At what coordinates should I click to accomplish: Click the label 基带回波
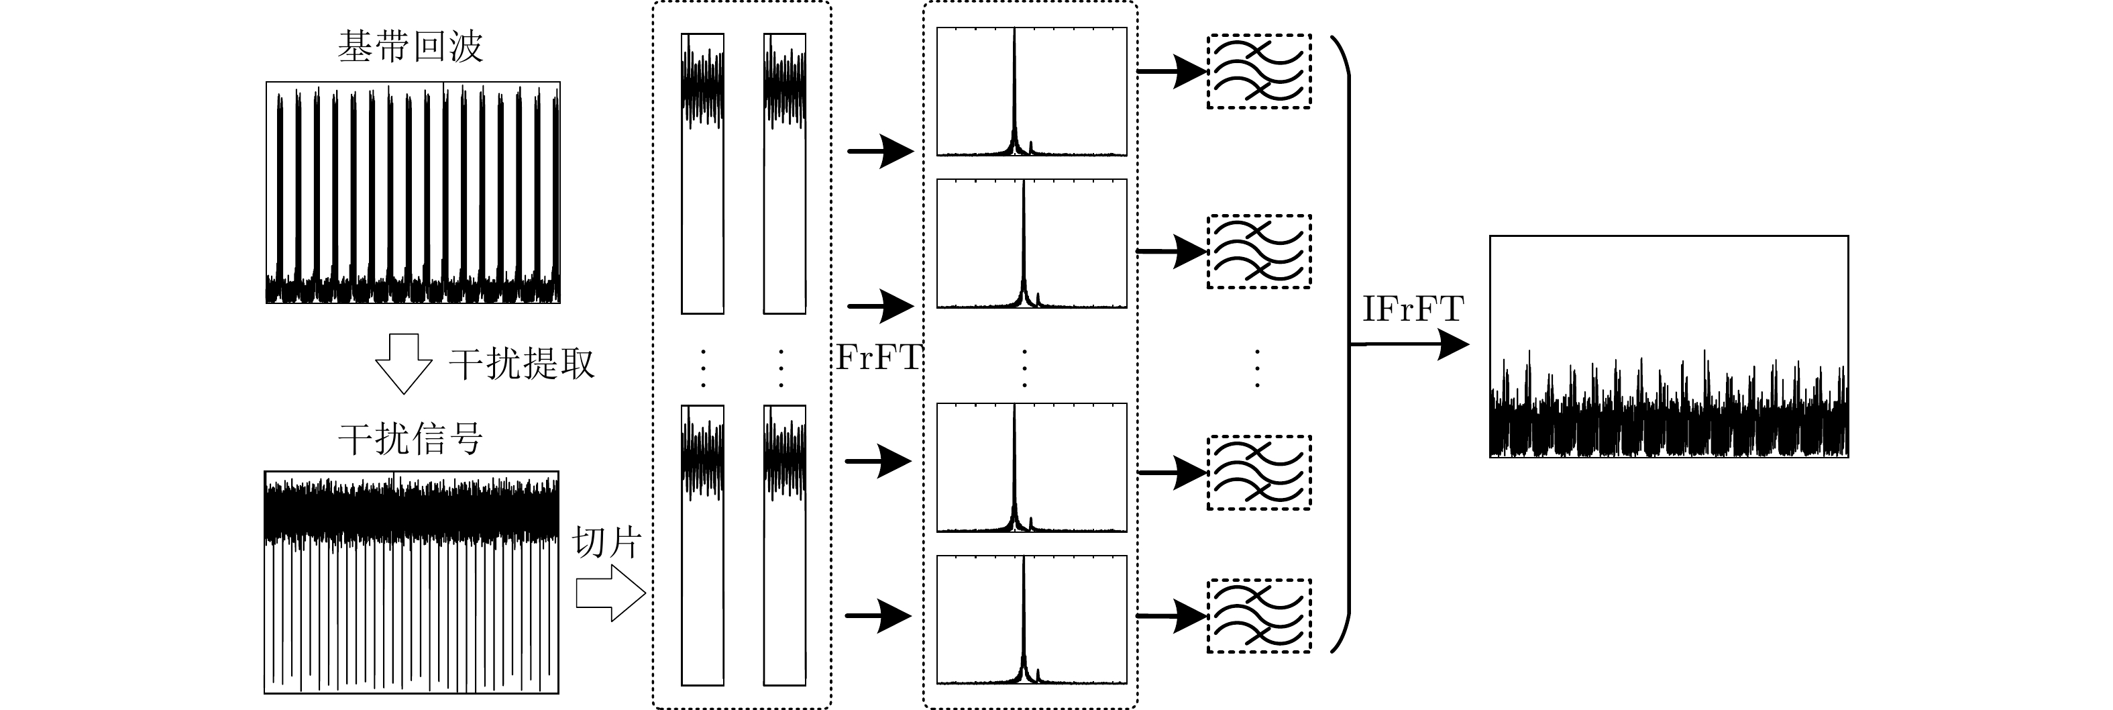[410, 47]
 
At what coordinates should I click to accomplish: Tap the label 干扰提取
[522, 364]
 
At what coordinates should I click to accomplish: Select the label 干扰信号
[410, 438]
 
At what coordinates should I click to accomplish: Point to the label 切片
[606, 542]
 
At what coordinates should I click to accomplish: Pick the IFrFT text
[1413, 309]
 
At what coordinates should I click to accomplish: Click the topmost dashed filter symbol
[1258, 71]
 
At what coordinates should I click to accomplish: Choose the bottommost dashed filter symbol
[1258, 615]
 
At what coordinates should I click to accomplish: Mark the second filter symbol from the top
[1258, 251]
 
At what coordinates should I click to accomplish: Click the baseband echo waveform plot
[413, 193]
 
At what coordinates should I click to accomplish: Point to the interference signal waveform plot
[411, 582]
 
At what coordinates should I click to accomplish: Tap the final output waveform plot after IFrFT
[1668, 346]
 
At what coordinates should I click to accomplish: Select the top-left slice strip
[702, 173]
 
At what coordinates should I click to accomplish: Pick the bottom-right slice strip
[784, 545]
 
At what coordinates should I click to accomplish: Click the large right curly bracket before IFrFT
[1342, 345]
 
